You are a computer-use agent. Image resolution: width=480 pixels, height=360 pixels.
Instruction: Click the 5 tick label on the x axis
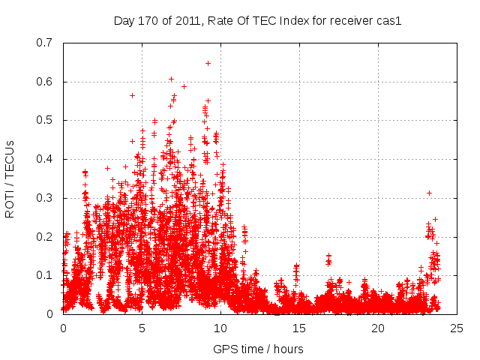(x=142, y=328)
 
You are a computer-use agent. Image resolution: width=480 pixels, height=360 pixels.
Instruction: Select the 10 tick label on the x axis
(x=220, y=328)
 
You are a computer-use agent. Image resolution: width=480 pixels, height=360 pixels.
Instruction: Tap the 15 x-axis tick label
(x=299, y=328)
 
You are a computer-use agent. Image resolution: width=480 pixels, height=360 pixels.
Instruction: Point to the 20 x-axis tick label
(x=378, y=328)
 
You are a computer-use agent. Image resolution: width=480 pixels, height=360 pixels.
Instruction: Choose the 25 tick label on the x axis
(x=457, y=328)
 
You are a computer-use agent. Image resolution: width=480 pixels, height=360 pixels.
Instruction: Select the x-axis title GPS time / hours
(x=258, y=349)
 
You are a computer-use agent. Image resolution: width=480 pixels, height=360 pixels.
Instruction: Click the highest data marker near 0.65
(x=208, y=63)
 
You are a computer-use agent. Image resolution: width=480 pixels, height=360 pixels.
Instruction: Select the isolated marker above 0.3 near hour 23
(x=429, y=193)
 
